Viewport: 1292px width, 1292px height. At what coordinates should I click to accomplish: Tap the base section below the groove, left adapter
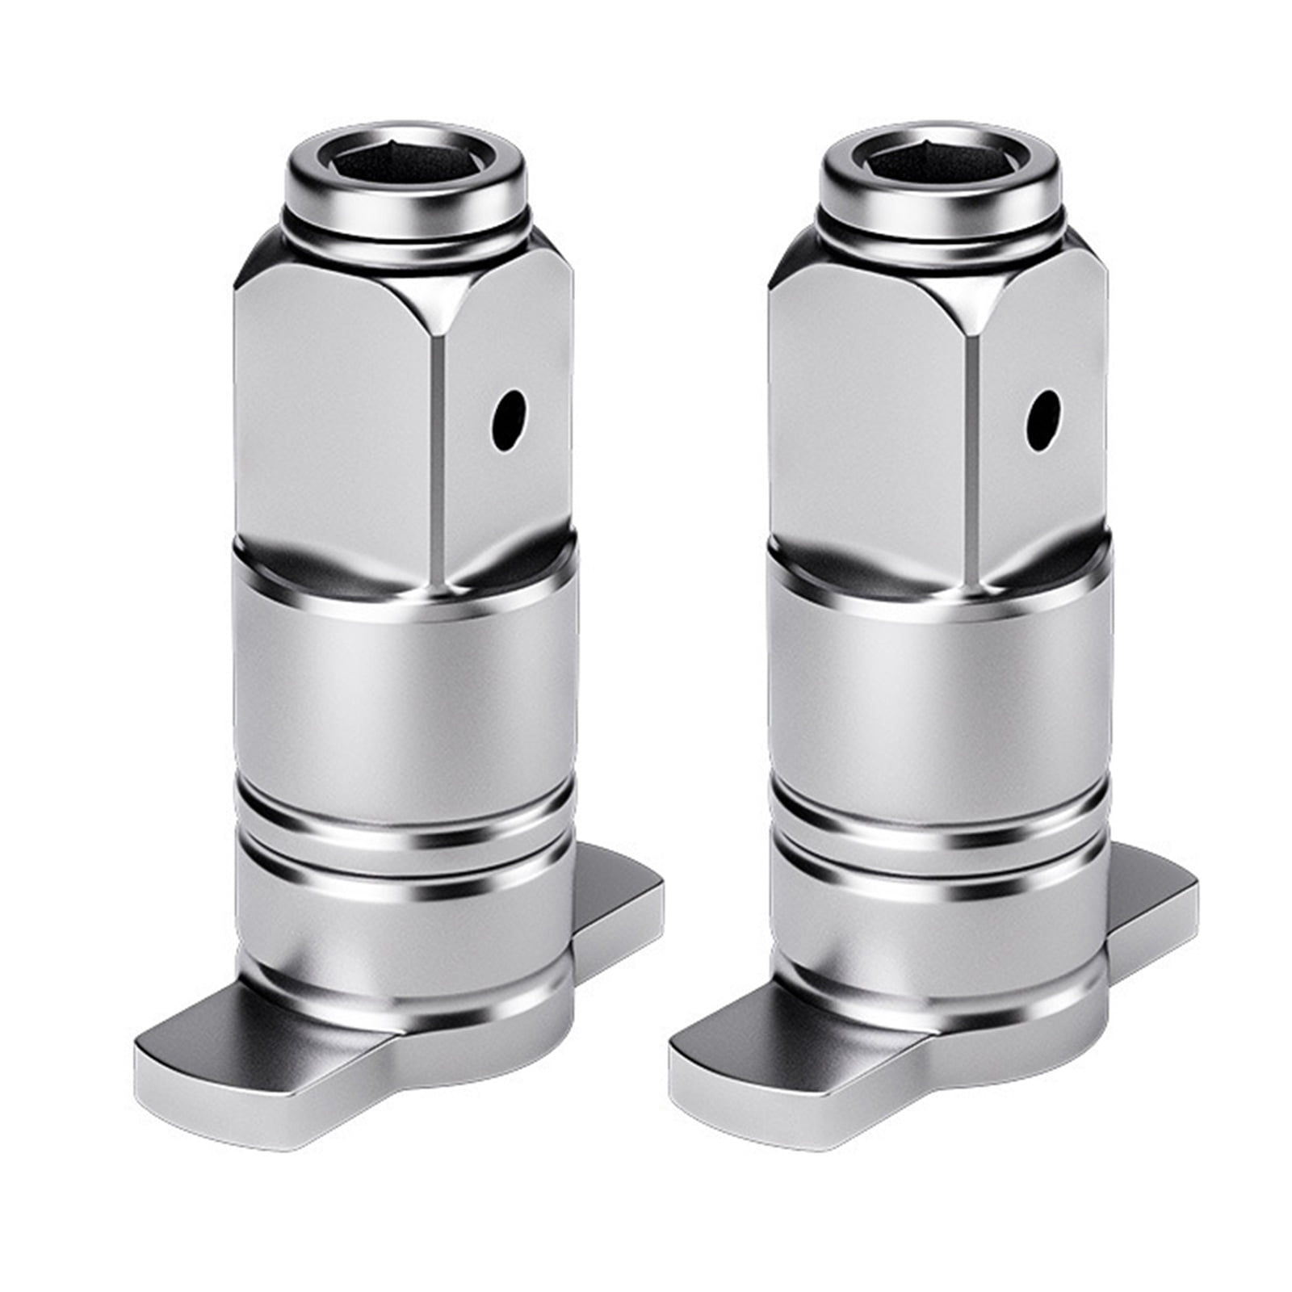pyautogui.click(x=404, y=929)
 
